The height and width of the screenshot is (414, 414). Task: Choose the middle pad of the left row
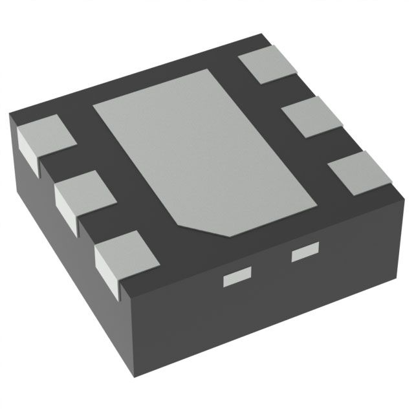click(83, 194)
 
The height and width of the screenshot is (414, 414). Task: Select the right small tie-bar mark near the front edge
click(305, 253)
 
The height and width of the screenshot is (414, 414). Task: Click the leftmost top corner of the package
click(9, 115)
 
